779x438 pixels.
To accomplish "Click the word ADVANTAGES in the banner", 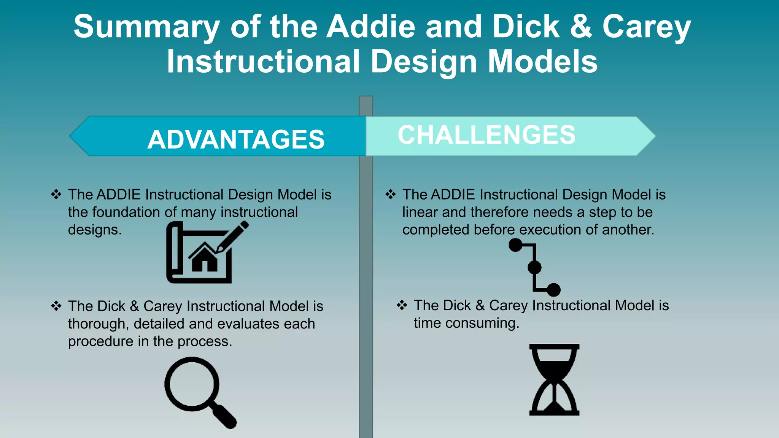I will pos(236,139).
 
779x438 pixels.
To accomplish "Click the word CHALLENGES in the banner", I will pos(486,135).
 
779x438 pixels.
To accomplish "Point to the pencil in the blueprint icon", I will pos(233,237).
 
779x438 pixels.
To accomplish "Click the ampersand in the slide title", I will pos(581,27).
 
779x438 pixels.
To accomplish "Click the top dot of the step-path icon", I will pos(515,245).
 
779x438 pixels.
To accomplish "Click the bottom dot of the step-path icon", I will pos(553,290).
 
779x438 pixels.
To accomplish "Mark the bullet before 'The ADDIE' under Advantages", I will pos(56,194).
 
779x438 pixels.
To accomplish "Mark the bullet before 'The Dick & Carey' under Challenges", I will pos(402,305).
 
